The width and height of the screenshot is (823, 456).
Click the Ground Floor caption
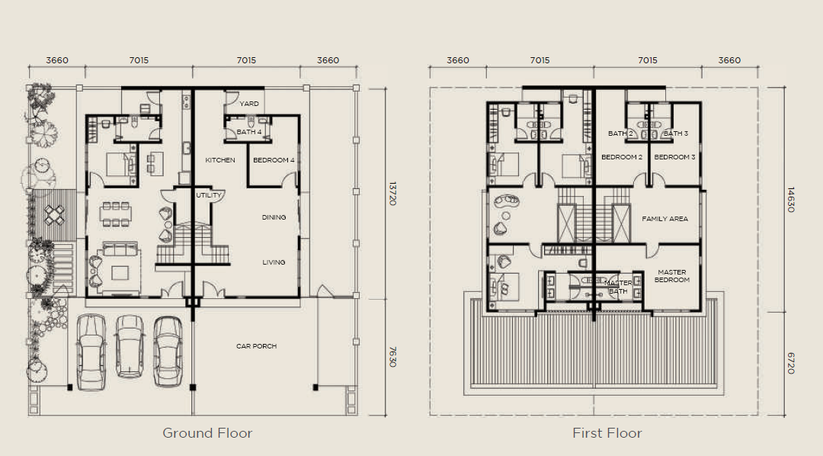tap(207, 433)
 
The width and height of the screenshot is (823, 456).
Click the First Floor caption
tap(607, 433)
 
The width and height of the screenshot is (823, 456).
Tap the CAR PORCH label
tap(256, 346)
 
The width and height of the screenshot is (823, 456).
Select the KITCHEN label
tap(220, 160)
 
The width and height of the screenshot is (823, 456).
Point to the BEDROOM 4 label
tap(274, 160)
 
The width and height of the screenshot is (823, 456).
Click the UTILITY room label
tap(209, 195)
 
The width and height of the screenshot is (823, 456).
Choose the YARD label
tap(248, 104)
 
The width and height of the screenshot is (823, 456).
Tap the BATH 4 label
tap(248, 132)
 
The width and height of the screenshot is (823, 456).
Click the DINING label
tap(274, 217)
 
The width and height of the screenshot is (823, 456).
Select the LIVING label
tap(274, 262)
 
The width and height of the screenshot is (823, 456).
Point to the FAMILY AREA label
tap(664, 219)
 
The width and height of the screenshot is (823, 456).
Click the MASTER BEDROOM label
tap(672, 276)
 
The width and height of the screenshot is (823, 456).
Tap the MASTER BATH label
tap(618, 287)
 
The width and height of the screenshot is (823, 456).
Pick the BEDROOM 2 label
tap(622, 157)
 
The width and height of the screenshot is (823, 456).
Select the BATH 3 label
tap(675, 133)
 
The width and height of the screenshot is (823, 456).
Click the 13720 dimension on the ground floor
tap(392, 194)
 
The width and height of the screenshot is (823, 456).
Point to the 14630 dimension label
tap(791, 200)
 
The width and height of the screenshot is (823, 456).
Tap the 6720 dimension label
tap(791, 364)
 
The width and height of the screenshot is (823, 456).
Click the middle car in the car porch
tap(129, 345)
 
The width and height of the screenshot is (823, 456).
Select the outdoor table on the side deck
tap(55, 214)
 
